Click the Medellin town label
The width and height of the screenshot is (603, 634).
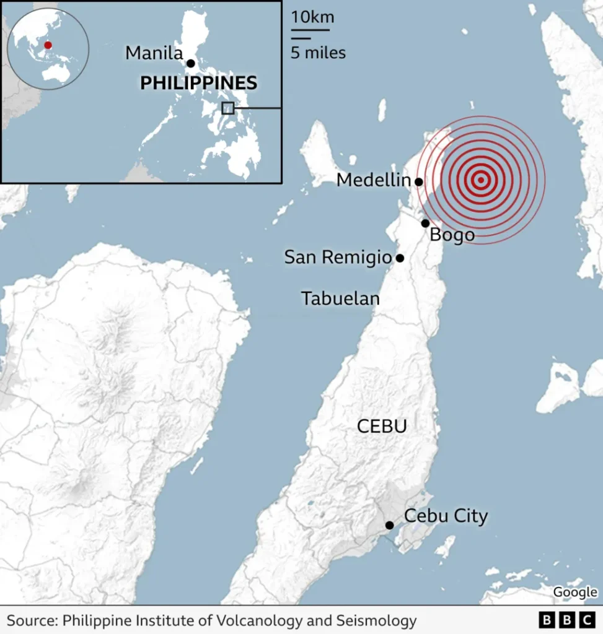click(373, 181)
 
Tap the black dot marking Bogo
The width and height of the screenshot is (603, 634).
click(425, 224)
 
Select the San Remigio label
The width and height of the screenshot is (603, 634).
click(338, 258)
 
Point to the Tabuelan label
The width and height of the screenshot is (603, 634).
click(340, 298)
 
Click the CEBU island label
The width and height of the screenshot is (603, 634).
click(381, 426)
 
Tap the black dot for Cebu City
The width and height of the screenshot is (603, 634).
click(389, 525)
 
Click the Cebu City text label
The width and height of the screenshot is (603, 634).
click(446, 516)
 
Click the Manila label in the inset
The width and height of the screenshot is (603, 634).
click(154, 53)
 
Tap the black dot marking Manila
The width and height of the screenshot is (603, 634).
click(191, 63)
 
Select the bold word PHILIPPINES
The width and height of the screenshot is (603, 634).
click(198, 83)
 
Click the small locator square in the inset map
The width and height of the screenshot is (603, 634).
click(228, 108)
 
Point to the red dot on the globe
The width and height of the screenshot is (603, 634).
click(48, 45)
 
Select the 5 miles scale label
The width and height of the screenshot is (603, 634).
click(318, 53)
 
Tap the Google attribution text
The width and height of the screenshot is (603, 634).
click(574, 593)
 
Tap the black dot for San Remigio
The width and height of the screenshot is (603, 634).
click(400, 258)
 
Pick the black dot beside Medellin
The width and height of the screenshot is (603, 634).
click(419, 182)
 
